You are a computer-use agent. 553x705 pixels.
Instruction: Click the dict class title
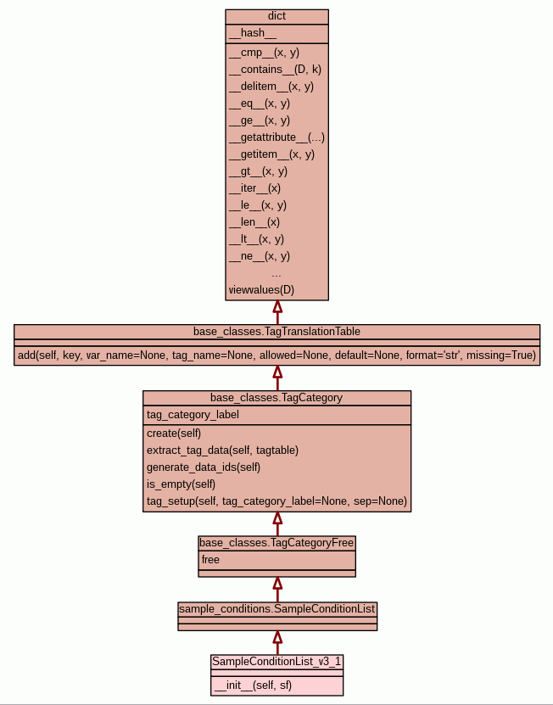point(276,16)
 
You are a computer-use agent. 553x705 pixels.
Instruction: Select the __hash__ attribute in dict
point(252,33)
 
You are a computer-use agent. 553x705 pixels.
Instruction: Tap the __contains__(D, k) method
point(275,70)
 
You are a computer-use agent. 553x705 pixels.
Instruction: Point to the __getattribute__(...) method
point(276,137)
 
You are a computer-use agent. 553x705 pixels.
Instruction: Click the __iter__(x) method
point(254,188)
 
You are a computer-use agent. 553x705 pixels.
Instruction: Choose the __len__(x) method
point(254,222)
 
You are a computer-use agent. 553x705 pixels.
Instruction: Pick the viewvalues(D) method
point(261,290)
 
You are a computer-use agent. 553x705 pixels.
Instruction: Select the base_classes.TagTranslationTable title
point(276,331)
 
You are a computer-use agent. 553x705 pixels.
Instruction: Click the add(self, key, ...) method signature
point(276,355)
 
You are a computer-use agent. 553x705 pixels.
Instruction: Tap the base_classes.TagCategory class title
point(276,397)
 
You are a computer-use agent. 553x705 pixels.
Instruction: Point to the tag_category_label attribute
point(193,415)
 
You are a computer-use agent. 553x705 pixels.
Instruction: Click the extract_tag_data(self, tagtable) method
point(222,450)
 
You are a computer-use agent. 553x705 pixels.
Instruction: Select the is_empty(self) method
point(181,484)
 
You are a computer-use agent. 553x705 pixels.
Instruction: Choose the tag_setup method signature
point(276,501)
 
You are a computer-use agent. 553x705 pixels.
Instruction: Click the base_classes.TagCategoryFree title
point(276,542)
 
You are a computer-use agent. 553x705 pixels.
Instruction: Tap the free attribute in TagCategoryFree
point(210,560)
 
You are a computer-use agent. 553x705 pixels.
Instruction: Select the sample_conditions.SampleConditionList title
point(276,608)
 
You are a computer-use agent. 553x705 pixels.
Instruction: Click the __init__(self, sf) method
point(253,684)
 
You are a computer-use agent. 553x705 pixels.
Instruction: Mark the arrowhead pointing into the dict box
point(276,307)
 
